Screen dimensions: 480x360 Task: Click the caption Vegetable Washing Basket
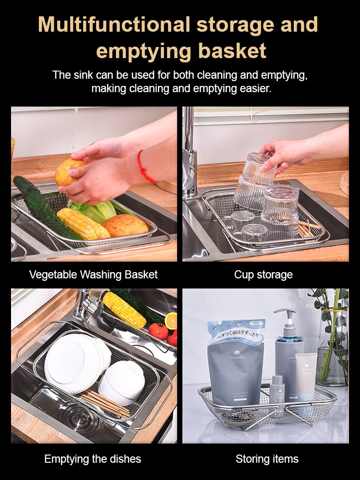coord(93,275)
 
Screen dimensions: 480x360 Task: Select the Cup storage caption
coord(263,275)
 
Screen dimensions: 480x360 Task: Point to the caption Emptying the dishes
coord(93,459)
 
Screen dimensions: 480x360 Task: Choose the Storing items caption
coord(267,459)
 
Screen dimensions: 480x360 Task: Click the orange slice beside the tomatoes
coord(170,321)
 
